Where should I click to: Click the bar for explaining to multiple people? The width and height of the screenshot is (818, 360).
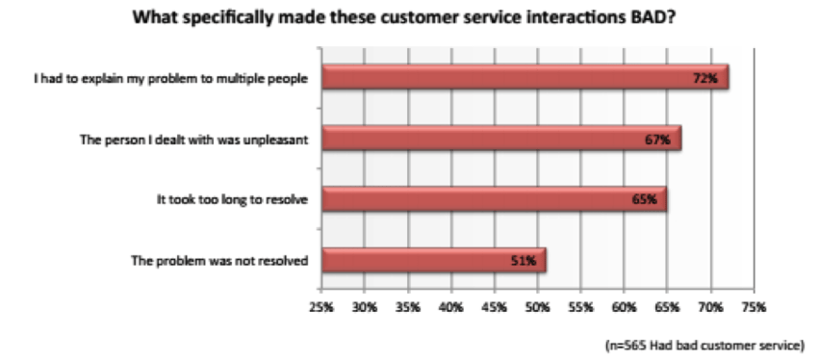point(524,77)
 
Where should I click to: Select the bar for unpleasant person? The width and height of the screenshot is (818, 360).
point(500,139)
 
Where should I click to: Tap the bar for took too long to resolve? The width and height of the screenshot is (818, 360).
point(493,199)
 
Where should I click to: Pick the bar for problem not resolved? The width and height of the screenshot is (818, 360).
point(433,260)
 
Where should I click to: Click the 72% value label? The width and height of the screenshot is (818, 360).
point(705,78)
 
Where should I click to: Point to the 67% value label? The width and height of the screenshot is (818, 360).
point(658,140)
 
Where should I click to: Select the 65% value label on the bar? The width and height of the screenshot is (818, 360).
point(645,200)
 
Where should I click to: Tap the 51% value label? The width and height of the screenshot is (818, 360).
point(524,261)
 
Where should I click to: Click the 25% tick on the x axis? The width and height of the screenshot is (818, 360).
point(321,308)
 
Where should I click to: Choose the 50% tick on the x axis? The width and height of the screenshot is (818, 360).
point(537,308)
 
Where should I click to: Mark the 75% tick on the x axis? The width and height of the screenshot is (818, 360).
point(754,308)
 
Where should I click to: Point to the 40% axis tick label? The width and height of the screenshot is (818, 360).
point(450,308)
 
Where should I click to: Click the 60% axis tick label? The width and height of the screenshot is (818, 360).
point(624,308)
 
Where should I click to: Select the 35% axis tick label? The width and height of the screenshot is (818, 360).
point(407,308)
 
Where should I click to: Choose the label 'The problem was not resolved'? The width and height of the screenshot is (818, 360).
point(223,261)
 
